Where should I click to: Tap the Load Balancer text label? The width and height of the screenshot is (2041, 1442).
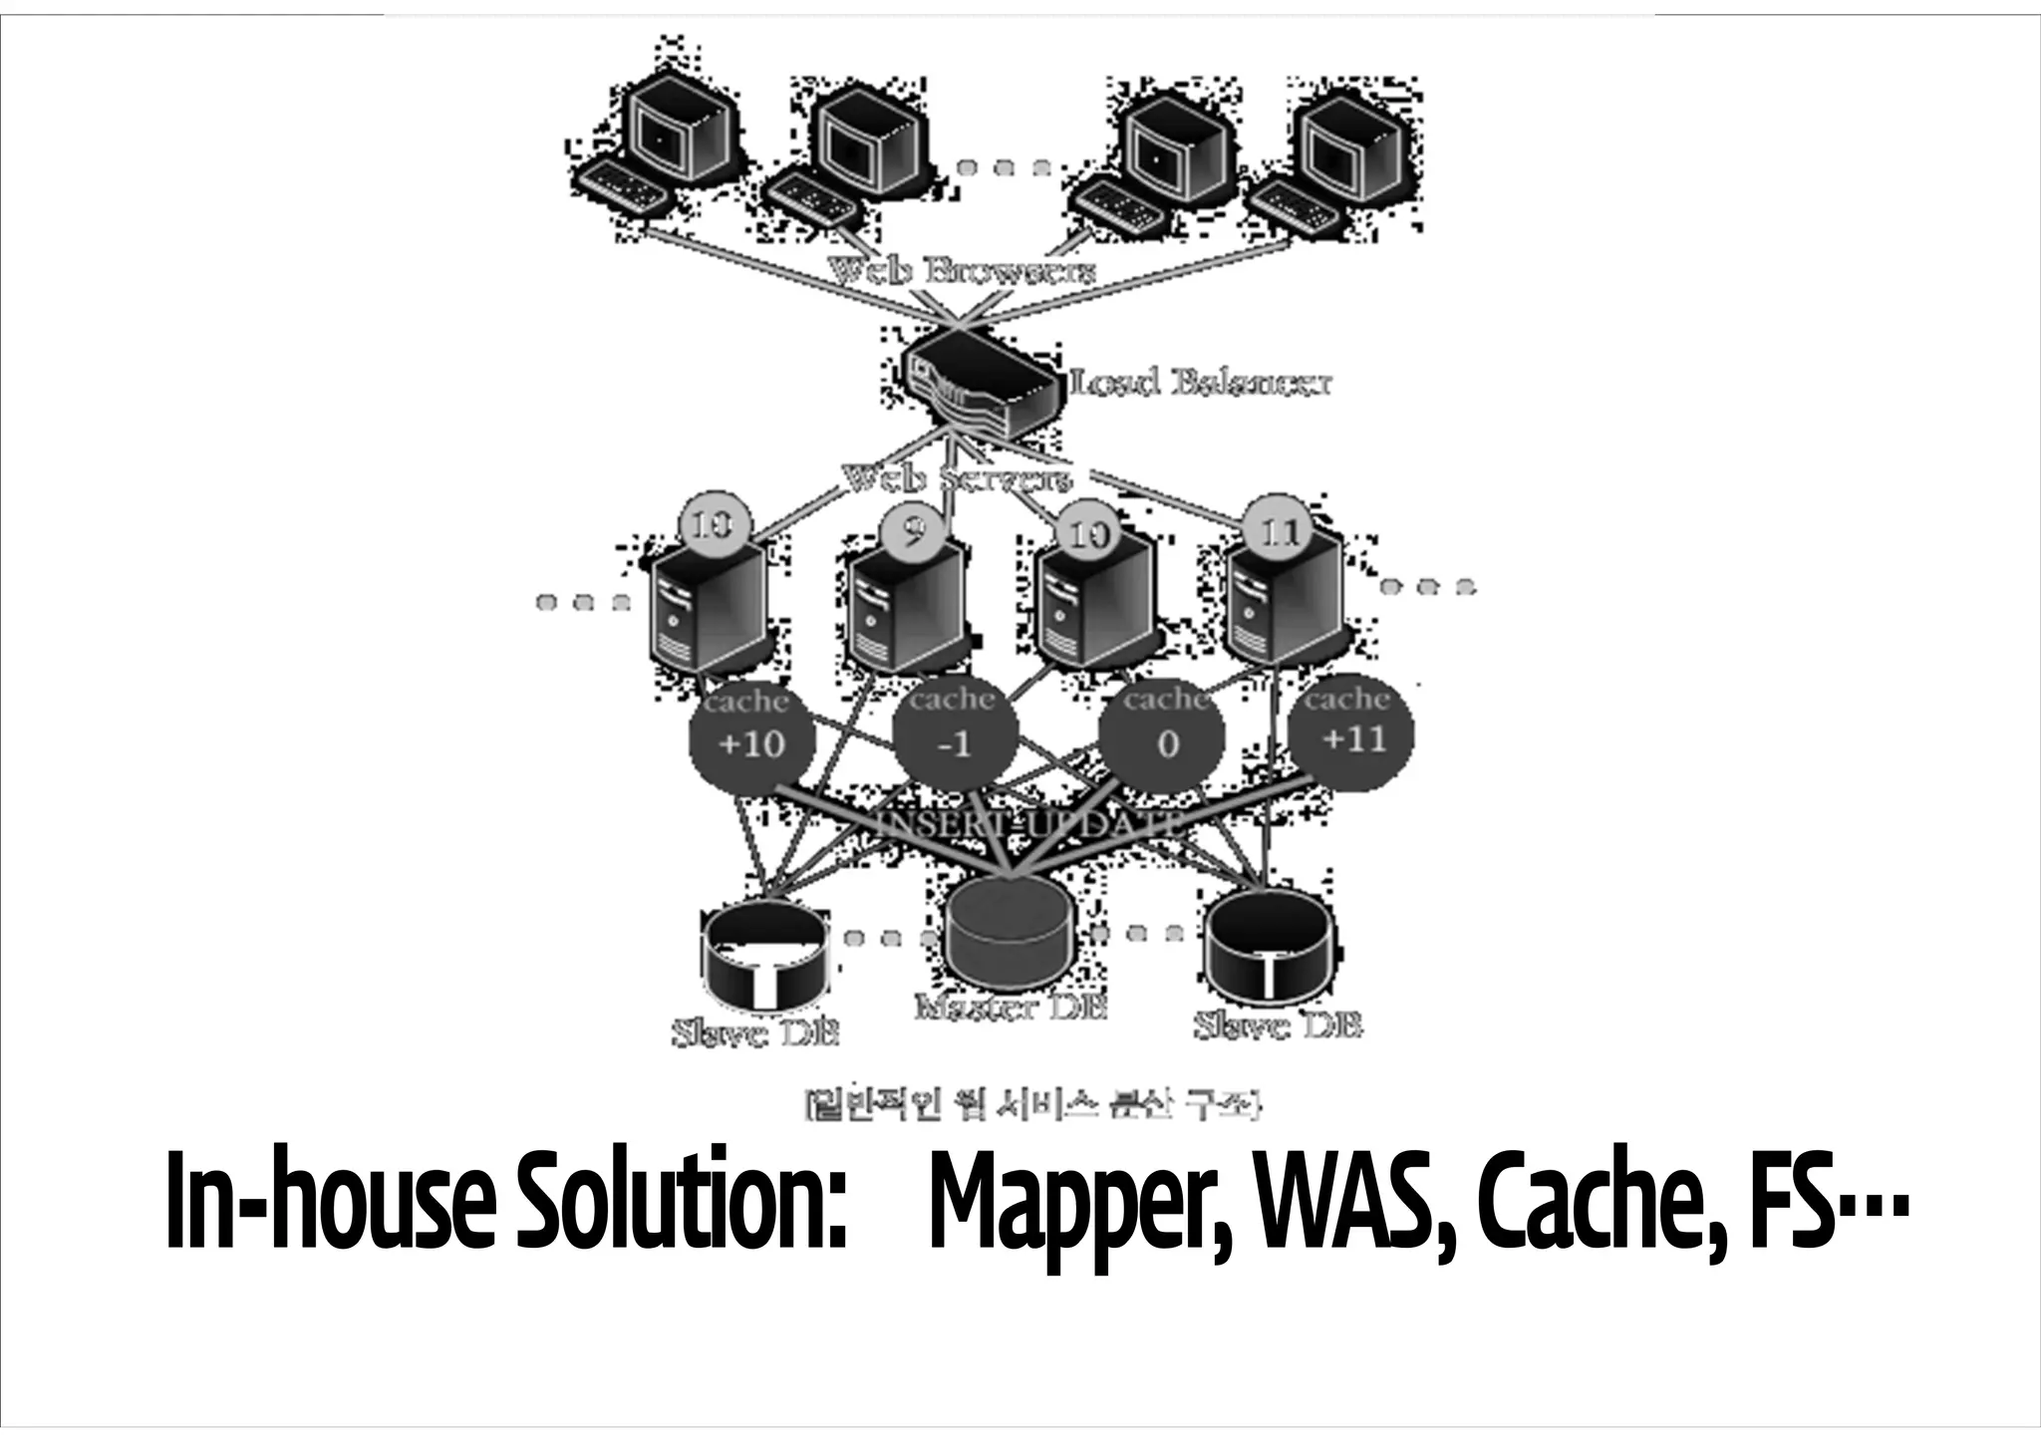coord(1200,383)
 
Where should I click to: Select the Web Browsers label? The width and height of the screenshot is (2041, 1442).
coord(962,270)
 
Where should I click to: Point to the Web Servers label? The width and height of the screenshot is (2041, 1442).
coord(957,479)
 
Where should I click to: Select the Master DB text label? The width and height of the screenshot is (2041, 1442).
coord(1011,1008)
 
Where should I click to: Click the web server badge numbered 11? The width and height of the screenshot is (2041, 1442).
coord(1280,534)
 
